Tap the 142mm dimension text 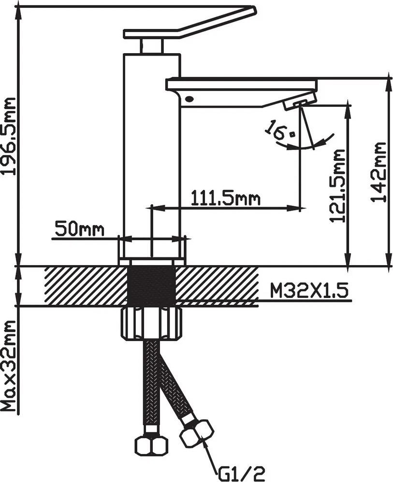tap(378, 172)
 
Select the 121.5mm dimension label tap(337, 185)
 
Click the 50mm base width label tap(79, 229)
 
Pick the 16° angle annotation tap(279, 131)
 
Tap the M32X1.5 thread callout tap(309, 291)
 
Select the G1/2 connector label tap(241, 473)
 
